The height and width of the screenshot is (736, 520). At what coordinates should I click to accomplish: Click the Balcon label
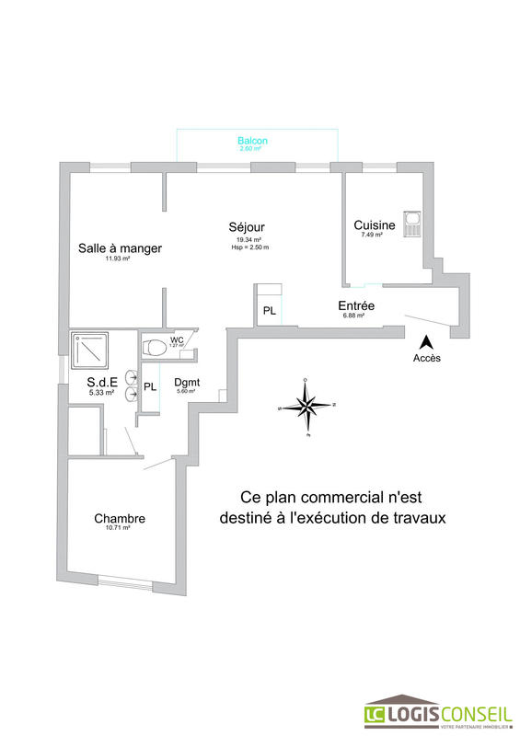(252, 141)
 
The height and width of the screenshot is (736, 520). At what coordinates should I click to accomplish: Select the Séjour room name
(248, 227)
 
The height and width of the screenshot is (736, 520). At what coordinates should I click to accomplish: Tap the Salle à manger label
(120, 248)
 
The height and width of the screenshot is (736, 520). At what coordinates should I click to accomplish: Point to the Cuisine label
(375, 225)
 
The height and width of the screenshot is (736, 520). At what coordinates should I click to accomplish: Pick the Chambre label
(120, 519)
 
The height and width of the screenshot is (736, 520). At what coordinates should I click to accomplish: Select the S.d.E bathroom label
(100, 382)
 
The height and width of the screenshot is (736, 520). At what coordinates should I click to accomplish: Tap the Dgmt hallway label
(187, 383)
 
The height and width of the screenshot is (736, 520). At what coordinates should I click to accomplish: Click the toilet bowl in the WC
(156, 347)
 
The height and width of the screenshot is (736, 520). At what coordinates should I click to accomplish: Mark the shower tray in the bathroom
(90, 350)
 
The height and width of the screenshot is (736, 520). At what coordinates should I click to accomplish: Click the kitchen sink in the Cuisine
(413, 223)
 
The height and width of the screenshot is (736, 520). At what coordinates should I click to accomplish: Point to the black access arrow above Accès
(425, 341)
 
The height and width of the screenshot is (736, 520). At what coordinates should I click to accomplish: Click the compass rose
(306, 406)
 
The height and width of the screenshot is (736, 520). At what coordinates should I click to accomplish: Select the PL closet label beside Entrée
(270, 311)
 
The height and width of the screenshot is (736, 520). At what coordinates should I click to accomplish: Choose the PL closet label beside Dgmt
(150, 386)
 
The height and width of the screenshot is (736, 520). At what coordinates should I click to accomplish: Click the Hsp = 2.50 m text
(252, 247)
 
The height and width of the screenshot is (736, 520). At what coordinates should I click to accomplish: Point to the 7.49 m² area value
(372, 236)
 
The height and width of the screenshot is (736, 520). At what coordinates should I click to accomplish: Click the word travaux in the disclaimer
(414, 518)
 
